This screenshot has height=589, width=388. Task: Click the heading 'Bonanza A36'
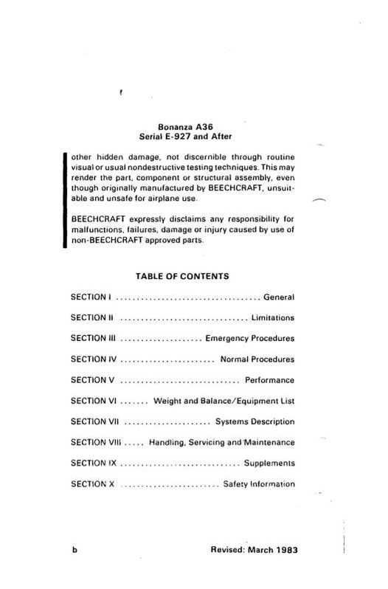click(181, 127)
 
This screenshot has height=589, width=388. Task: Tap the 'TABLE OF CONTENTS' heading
click(182, 276)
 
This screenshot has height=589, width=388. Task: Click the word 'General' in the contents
click(279, 297)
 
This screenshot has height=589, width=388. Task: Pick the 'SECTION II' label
click(91, 318)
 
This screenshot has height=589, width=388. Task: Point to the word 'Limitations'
click(272, 318)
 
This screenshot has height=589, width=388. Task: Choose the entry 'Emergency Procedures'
click(250, 339)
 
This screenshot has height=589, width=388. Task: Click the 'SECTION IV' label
click(93, 359)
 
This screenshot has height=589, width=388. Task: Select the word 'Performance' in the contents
click(269, 380)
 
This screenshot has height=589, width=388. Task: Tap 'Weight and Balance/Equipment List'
click(224, 401)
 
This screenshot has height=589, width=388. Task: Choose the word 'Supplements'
click(269, 464)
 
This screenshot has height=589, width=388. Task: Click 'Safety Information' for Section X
click(259, 484)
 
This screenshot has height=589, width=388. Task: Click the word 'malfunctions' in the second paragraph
click(99, 230)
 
